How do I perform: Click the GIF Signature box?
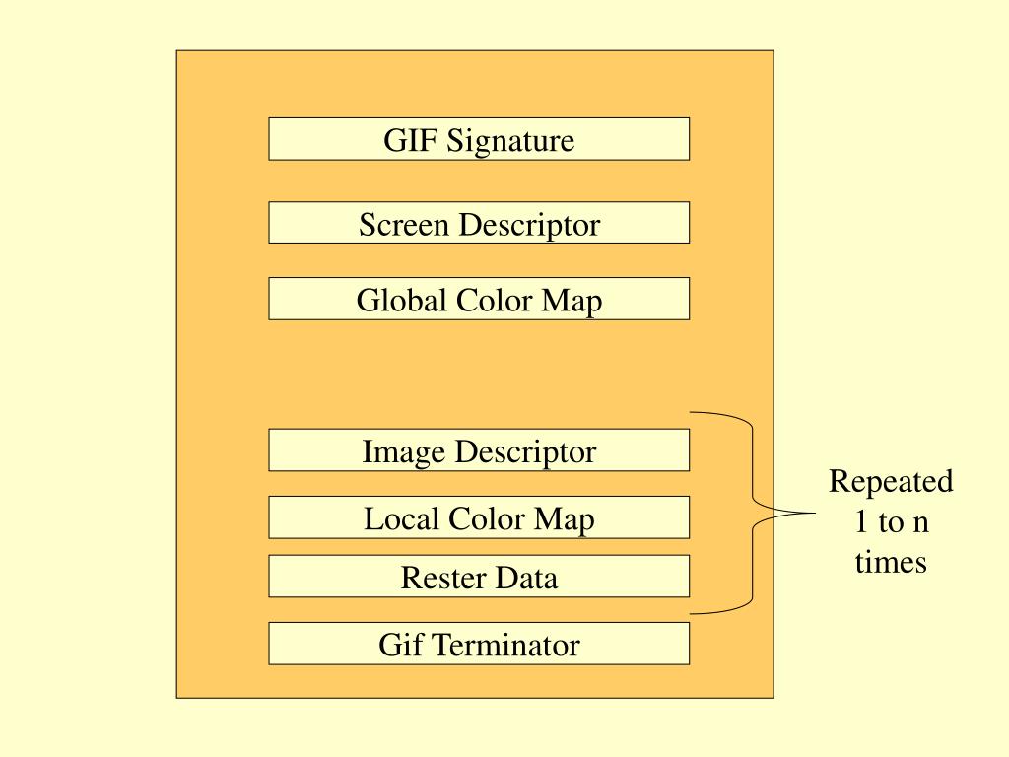pyautogui.click(x=479, y=139)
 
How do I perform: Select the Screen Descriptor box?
pyautogui.click(x=479, y=224)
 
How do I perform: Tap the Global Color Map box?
pyautogui.click(x=479, y=299)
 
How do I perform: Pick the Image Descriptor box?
pyautogui.click(x=479, y=450)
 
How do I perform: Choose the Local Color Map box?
pyautogui.click(x=479, y=517)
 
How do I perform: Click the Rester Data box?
pyautogui.click(x=479, y=577)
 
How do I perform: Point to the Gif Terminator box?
pyautogui.click(x=479, y=644)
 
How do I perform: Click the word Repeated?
pyautogui.click(x=891, y=483)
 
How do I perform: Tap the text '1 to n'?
pyautogui.click(x=891, y=522)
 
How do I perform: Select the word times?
pyautogui.click(x=891, y=562)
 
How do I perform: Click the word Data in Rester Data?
pyautogui.click(x=525, y=578)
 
